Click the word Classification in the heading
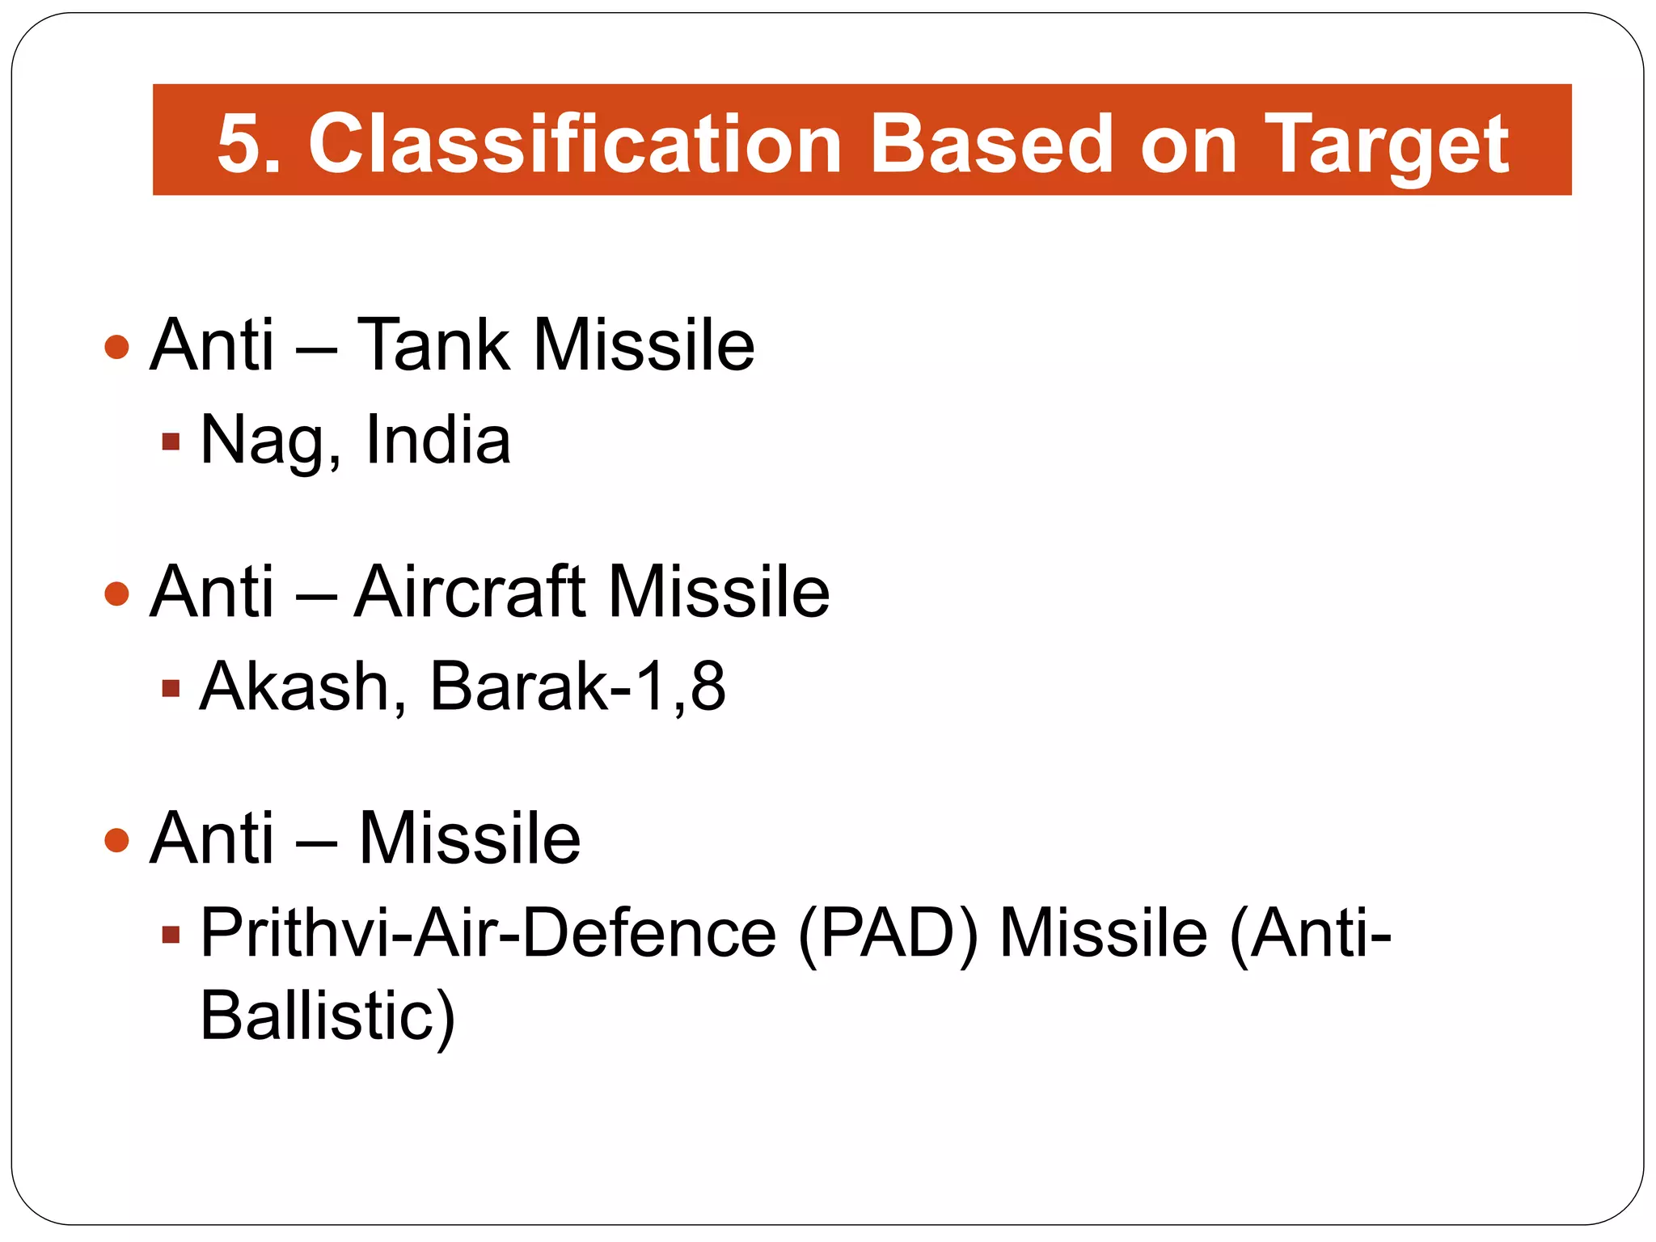pos(575,144)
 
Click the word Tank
pos(433,345)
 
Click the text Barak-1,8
pos(577,686)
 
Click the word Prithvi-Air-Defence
pos(488,933)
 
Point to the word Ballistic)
pos(327,1016)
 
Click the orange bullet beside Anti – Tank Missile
pos(117,348)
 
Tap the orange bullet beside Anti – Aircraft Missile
pos(117,594)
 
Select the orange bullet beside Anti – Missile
pos(117,840)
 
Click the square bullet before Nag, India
pos(170,441)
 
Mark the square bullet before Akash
pos(170,689)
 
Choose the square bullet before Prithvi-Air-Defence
pos(170,936)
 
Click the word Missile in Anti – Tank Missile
pos(644,345)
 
